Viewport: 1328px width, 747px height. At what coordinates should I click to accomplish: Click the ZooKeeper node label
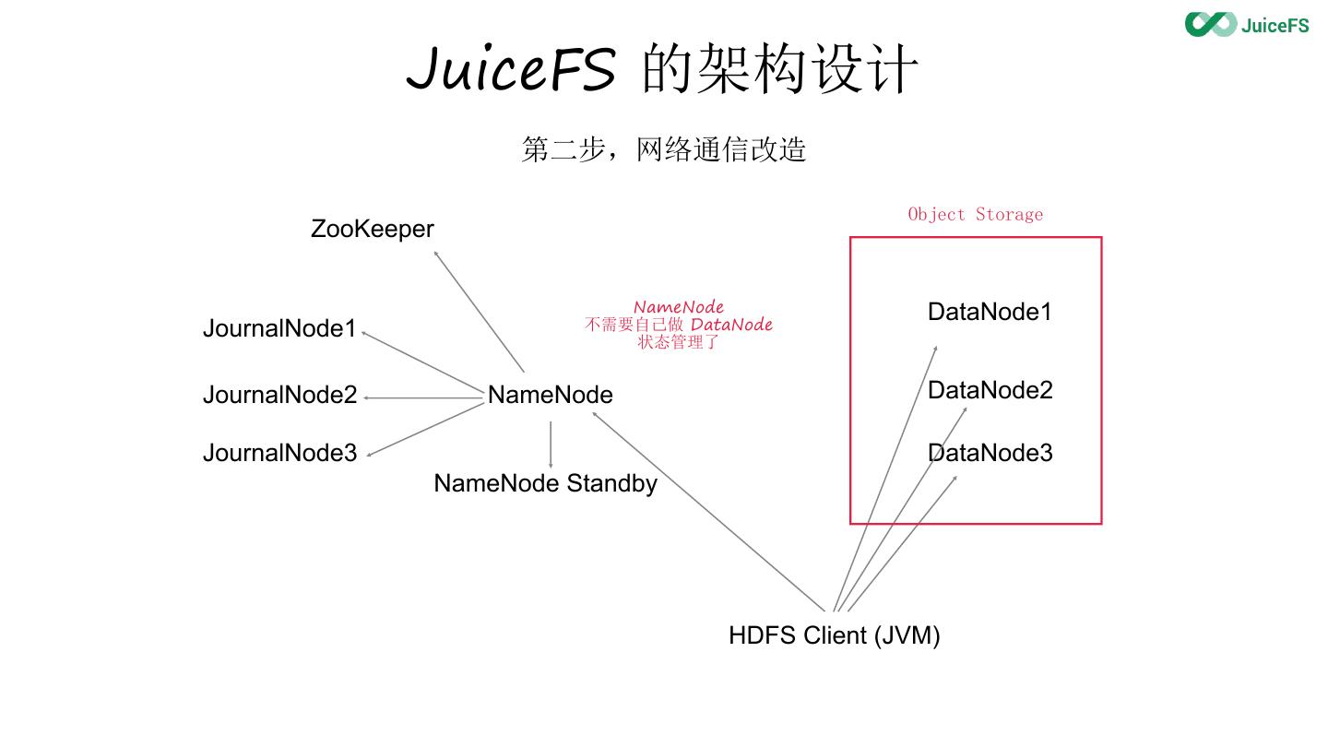click(372, 229)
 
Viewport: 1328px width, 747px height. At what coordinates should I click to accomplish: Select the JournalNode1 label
click(279, 328)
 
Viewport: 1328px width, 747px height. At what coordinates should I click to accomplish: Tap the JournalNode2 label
click(279, 395)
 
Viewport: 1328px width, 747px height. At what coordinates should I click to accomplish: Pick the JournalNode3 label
click(279, 453)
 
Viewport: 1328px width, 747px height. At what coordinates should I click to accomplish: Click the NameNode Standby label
click(545, 483)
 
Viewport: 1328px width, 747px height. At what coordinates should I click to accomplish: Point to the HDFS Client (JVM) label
click(834, 635)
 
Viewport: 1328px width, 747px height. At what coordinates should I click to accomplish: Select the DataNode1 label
click(990, 312)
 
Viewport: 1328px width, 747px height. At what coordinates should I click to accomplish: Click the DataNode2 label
click(990, 390)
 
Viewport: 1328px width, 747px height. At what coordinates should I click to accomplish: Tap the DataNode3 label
click(990, 453)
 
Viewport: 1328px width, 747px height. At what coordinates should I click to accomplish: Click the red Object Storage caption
click(975, 215)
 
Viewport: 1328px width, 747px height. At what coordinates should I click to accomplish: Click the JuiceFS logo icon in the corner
click(1210, 24)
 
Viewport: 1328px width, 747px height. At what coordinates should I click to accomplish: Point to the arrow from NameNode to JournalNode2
click(424, 397)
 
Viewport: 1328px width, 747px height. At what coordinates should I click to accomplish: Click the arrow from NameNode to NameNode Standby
click(551, 445)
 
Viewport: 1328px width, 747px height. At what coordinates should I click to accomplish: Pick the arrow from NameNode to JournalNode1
click(424, 363)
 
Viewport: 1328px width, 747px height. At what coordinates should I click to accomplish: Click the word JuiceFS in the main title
click(510, 70)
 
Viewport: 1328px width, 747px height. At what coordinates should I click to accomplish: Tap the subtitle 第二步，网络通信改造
click(663, 149)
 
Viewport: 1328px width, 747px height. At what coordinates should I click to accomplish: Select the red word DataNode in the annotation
click(731, 325)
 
